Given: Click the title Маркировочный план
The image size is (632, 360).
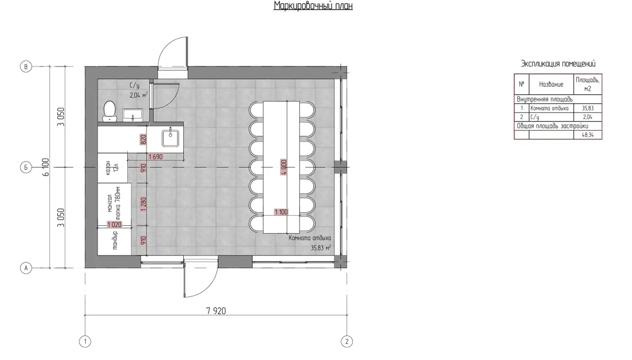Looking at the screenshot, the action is coord(313,6).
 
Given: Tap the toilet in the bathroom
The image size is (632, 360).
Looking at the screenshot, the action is coord(110,112).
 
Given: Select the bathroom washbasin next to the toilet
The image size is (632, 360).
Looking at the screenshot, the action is coord(133,115).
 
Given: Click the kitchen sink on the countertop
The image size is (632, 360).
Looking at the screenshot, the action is coord(171,138).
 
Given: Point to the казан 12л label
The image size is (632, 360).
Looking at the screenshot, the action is coord(112,168).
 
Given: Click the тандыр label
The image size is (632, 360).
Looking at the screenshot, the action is coord(115,240).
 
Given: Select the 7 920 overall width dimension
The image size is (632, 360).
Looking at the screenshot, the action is coord(216,311).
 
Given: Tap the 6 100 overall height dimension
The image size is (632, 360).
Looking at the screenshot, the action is coord(46,167).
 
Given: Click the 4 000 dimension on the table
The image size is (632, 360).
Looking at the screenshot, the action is coord(284,167).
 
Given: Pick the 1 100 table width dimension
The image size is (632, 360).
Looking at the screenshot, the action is coord(281,212).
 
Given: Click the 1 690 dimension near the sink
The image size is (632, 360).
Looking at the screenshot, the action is coord(155,157).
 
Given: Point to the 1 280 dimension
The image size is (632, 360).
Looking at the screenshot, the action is coord(143,204).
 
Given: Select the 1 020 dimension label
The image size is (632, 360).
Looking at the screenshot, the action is coord(114,224).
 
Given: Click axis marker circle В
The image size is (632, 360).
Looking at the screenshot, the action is coord(26,67).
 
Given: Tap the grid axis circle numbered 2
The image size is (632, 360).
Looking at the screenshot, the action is coord(347,342).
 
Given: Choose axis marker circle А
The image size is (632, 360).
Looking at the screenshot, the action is coord(26,268).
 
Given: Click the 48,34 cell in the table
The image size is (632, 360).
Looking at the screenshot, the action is coord(588,135).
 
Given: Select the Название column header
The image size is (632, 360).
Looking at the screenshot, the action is coord(551,84).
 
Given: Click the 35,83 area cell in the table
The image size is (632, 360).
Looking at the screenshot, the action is coord(588,108).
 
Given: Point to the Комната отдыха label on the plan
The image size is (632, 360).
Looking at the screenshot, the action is coord(310,238).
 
